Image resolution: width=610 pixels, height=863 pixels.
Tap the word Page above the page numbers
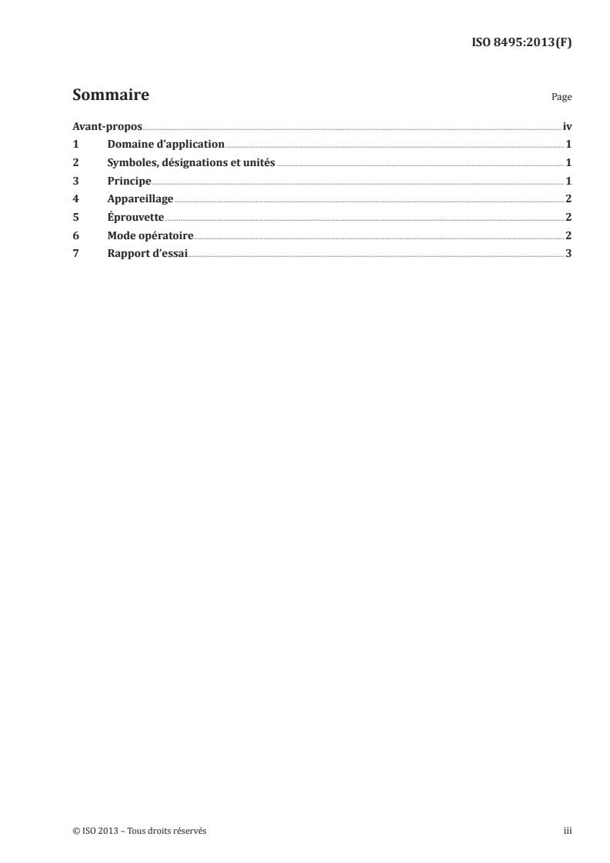click(562, 98)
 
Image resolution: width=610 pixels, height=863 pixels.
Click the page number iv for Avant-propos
click(567, 126)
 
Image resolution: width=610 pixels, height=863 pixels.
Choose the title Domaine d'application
click(166, 144)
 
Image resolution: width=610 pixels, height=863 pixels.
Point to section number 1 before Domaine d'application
click(75, 144)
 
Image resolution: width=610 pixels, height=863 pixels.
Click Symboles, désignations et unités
click(192, 162)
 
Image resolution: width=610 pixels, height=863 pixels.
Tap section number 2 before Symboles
click(75, 162)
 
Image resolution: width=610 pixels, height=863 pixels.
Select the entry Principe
click(129, 181)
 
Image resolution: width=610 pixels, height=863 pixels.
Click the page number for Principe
click(568, 181)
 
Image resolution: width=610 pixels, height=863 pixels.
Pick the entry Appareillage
click(140, 198)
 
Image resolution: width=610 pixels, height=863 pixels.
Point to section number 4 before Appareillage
click(75, 198)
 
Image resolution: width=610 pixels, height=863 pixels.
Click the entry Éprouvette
click(136, 217)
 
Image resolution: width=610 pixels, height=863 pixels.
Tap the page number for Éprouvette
click(568, 217)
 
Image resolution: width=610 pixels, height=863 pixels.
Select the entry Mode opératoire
click(151, 235)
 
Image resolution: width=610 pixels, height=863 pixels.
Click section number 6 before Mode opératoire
click(75, 235)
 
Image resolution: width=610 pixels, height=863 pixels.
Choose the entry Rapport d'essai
click(148, 254)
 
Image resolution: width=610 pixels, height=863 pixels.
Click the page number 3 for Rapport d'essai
click(568, 254)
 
